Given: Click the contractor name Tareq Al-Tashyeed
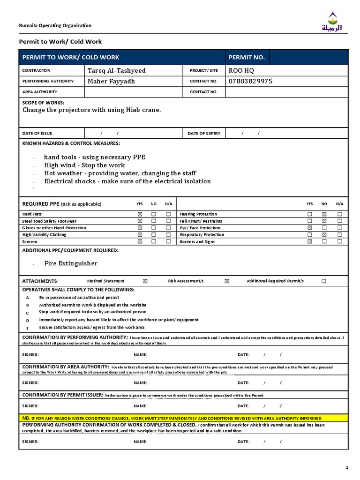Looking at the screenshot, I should [117, 71].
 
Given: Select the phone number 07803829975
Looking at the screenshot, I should [250, 81].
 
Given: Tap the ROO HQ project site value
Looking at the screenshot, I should [241, 71].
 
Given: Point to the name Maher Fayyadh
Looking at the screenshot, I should [111, 81].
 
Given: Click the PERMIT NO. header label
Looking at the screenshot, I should [247, 57].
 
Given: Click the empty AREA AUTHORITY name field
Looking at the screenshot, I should [134, 92].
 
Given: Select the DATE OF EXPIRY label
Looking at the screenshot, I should [204, 134].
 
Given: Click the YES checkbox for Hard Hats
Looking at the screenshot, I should [139, 214].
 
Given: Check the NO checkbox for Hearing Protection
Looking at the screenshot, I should [324, 214].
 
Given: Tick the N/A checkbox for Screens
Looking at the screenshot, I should [168, 242].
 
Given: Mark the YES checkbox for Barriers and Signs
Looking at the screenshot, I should [309, 242].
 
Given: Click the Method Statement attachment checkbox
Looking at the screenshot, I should [145, 281].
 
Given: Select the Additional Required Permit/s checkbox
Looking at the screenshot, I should [324, 281].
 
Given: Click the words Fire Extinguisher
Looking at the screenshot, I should [71, 263].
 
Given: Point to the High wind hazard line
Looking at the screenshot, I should [84, 165].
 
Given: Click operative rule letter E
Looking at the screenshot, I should [28, 328].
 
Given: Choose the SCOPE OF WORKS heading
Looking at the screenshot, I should [44, 103].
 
